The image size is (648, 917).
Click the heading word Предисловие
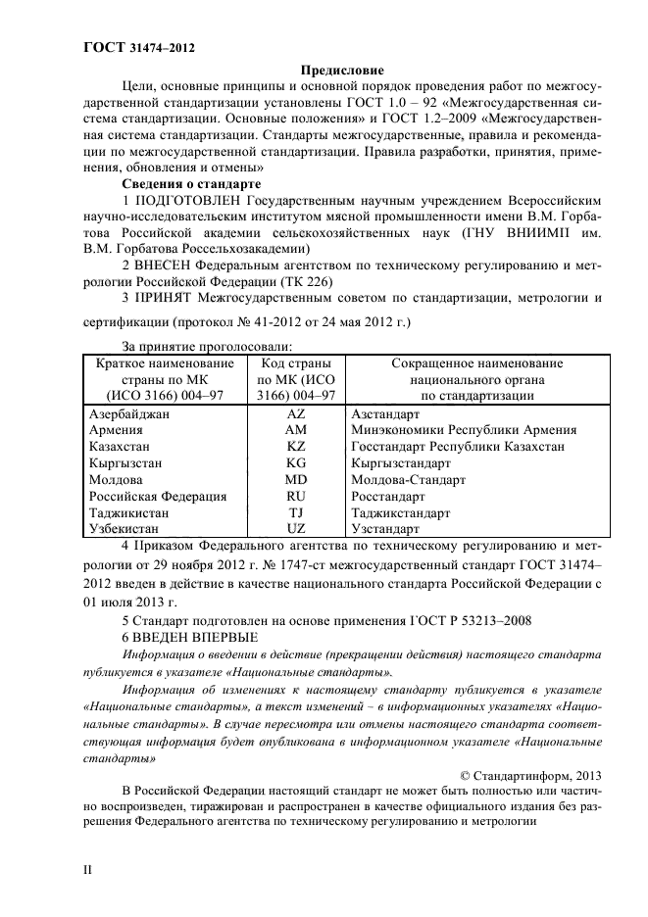click(341, 71)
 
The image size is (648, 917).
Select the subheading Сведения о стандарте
click(190, 183)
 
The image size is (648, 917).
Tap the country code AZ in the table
click(296, 414)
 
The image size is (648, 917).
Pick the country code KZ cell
click(296, 446)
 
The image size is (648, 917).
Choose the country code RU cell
click(296, 496)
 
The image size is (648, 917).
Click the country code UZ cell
click(296, 528)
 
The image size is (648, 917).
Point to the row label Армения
click(116, 430)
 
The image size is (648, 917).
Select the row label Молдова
click(117, 479)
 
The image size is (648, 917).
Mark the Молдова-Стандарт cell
click(408, 479)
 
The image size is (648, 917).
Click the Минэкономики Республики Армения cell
click(463, 430)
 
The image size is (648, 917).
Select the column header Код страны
click(296, 363)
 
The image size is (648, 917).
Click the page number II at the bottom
click(86, 867)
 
